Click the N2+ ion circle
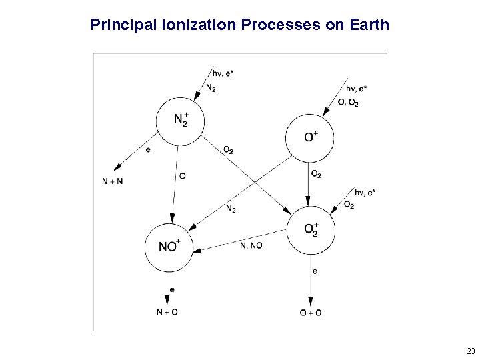point(179,120)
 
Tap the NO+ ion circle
point(169,247)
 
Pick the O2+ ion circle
point(310,229)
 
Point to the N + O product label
point(167,311)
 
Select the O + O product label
point(311,312)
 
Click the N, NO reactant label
point(251,245)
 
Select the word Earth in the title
point(369,26)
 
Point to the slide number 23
point(471,351)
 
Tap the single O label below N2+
point(183,175)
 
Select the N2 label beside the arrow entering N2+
point(211,88)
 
